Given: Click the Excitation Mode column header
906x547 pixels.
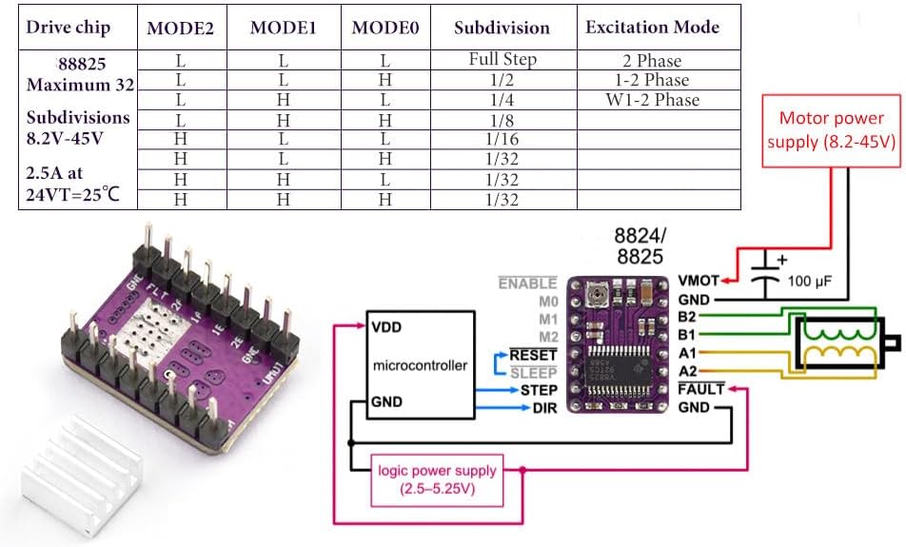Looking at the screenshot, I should pos(652,27).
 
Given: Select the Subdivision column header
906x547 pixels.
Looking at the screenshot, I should pos(502,28).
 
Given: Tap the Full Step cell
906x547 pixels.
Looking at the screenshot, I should pos(502,59).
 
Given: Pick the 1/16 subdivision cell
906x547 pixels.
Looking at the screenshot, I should pos(502,139).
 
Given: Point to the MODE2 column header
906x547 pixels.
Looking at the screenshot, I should pos(180,28).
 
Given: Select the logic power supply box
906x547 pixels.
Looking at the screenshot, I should pos(437,479).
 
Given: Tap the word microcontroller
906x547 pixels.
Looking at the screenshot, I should pos(420,364).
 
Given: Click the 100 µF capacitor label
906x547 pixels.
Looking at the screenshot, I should pos(809,283).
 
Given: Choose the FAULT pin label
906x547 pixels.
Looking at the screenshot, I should pos(700,389).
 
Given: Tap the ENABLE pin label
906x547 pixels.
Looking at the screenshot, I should pos(527,283).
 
